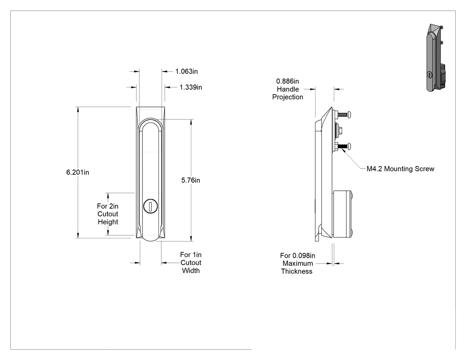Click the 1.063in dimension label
(186, 71)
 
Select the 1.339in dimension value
(190, 87)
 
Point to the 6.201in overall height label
(78, 172)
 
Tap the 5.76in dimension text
(190, 180)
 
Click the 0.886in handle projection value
(288, 81)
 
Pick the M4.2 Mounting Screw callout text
(400, 169)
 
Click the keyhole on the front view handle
(150, 206)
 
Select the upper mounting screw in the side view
(344, 114)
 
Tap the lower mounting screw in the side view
(344, 146)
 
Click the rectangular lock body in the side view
(342, 214)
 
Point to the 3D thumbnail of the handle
(436, 58)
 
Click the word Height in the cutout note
(108, 222)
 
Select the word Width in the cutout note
(191, 270)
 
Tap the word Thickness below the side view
(296, 271)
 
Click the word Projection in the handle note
(288, 97)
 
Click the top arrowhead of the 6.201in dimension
(78, 107)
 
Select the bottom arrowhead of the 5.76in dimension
(191, 241)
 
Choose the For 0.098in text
(297, 256)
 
